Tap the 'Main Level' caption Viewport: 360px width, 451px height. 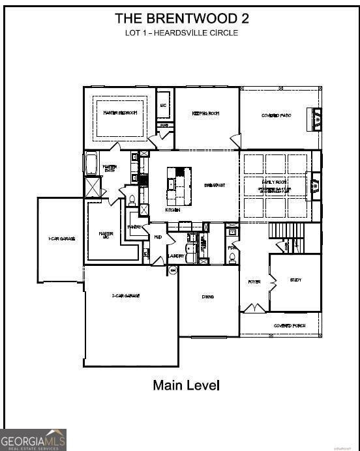[x=186, y=385]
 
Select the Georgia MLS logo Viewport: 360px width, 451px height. [x=33, y=440]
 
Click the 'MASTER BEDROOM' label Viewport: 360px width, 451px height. [x=121, y=113]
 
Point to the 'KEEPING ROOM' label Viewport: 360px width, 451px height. [x=205, y=113]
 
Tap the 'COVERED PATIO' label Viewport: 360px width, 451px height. [x=276, y=115]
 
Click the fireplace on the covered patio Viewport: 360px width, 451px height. [x=317, y=119]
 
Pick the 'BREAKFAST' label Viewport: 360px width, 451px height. [x=215, y=186]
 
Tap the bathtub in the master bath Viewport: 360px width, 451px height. [x=91, y=164]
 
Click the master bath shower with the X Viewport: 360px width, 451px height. [x=93, y=188]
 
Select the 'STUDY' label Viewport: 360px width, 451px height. [x=295, y=280]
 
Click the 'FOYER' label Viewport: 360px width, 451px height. [x=254, y=282]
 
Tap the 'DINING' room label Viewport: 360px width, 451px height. [x=208, y=297]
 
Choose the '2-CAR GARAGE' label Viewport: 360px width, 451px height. [x=126, y=296]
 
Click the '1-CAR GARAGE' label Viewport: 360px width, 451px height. [x=61, y=239]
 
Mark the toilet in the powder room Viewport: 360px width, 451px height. [x=232, y=257]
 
